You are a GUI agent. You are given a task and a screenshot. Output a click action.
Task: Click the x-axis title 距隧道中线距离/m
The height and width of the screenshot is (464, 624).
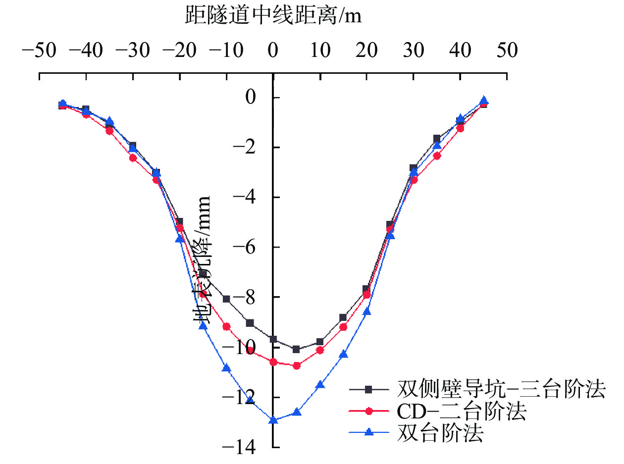[273, 16]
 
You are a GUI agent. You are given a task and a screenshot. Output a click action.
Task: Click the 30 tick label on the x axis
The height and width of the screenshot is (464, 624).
[413, 51]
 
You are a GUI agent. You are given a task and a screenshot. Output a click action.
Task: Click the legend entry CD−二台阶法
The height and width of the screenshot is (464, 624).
[461, 412]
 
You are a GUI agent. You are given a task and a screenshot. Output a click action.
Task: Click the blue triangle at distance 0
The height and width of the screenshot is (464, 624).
[273, 420]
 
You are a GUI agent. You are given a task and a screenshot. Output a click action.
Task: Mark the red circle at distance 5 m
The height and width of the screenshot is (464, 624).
[297, 365]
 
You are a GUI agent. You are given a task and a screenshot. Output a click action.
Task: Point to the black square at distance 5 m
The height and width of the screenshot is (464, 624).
[296, 349]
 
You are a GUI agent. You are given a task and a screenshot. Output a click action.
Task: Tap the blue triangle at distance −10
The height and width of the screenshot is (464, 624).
[226, 367]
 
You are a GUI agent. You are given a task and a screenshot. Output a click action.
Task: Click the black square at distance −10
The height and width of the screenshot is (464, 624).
[226, 299]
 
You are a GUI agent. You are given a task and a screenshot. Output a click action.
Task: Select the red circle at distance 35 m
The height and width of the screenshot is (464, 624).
[437, 155]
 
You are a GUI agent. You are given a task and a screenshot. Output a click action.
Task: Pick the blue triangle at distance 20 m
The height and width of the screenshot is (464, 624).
[367, 311]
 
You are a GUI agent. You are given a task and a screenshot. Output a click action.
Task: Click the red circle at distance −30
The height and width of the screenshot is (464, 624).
[133, 158]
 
